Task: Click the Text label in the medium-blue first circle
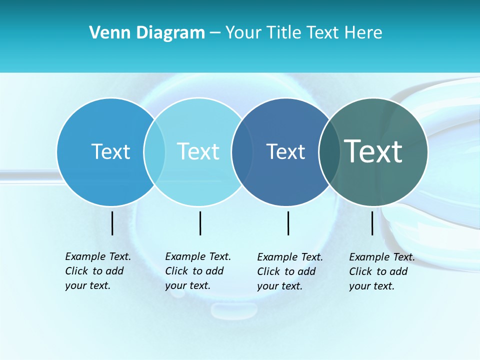pyautogui.click(x=110, y=151)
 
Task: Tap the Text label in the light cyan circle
pyautogui.click(x=198, y=151)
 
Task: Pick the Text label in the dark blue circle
pyautogui.click(x=285, y=151)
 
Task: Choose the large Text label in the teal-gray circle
pyautogui.click(x=373, y=151)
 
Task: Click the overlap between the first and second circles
pyautogui.click(x=154, y=151)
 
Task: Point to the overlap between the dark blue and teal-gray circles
pyautogui.click(x=329, y=151)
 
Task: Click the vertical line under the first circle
pyautogui.click(x=112, y=223)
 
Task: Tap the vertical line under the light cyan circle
pyautogui.click(x=200, y=223)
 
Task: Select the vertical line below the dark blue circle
pyautogui.click(x=288, y=223)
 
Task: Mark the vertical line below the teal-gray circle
pyautogui.click(x=372, y=223)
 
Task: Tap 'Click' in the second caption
pyautogui.click(x=176, y=271)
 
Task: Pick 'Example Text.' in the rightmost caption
pyautogui.click(x=382, y=257)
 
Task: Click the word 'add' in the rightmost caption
pyautogui.click(x=398, y=271)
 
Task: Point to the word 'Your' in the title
pyautogui.click(x=243, y=33)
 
